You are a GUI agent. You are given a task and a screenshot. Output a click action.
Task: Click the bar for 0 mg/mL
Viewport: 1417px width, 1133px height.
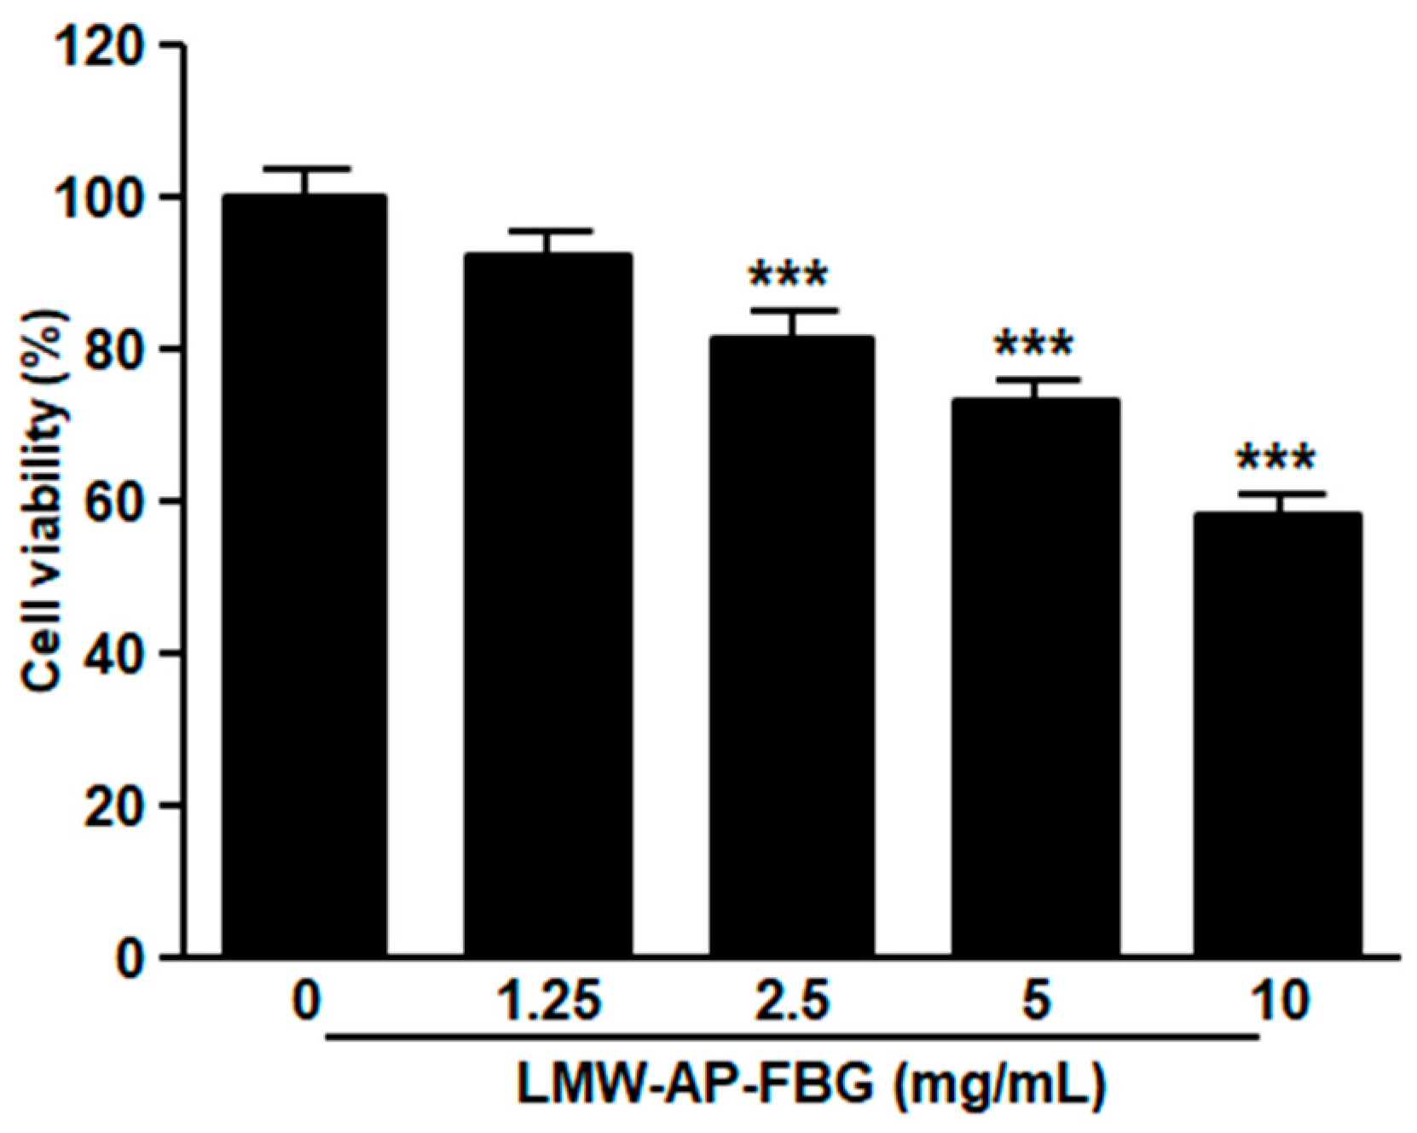[x=304, y=575]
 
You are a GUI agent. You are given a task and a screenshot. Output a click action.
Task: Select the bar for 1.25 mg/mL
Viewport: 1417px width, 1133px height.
[x=547, y=605]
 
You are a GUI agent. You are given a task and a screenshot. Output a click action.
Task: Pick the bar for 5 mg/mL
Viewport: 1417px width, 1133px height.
[x=1035, y=678]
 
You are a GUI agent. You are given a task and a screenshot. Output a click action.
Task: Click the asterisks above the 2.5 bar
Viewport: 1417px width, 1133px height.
[x=788, y=276]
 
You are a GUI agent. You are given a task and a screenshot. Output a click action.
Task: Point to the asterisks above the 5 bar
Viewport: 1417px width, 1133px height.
[x=1033, y=345]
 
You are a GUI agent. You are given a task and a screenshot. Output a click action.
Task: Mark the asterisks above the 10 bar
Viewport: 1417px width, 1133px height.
[x=1276, y=460]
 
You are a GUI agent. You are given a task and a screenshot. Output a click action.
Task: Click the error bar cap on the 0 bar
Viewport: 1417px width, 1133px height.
[x=304, y=168]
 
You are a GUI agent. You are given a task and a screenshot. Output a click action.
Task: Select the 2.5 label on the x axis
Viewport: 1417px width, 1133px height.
[x=789, y=1003]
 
